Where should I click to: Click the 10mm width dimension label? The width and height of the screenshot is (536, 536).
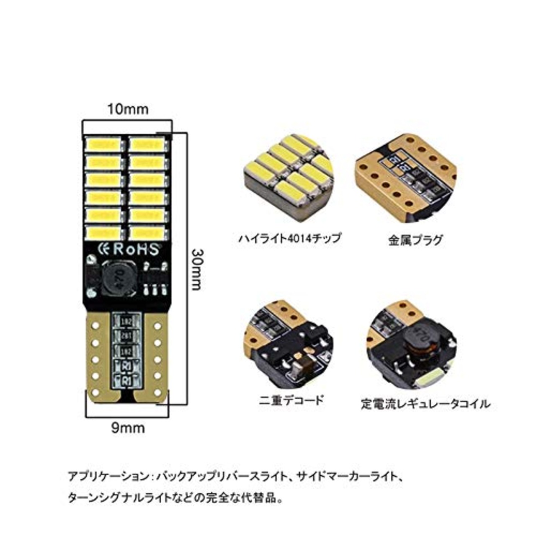pos(128,109)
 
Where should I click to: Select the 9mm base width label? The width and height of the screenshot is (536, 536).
pos(128,428)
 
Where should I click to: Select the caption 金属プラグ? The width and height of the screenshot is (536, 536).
pos(415,240)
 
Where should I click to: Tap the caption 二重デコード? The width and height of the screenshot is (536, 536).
pos(291,400)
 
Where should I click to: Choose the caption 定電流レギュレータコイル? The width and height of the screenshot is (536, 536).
pos(425,404)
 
